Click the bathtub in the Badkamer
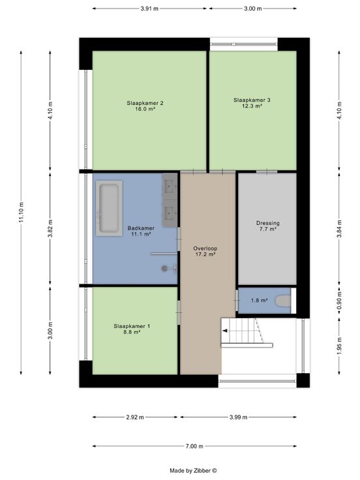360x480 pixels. point(109,208)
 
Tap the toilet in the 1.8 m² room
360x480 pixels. point(283,301)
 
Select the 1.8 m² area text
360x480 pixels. point(260,300)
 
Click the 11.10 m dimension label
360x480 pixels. point(21,213)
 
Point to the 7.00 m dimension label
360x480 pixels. point(194,446)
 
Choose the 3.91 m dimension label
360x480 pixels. point(149,8)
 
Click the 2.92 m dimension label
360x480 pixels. point(135,417)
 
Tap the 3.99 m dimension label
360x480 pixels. point(239,417)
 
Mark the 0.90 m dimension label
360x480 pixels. point(339,301)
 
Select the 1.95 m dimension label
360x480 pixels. point(339,346)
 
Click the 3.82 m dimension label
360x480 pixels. point(50,228)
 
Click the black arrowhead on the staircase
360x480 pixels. point(224,331)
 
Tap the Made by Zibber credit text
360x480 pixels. point(193,470)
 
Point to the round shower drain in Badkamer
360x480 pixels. point(164,269)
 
